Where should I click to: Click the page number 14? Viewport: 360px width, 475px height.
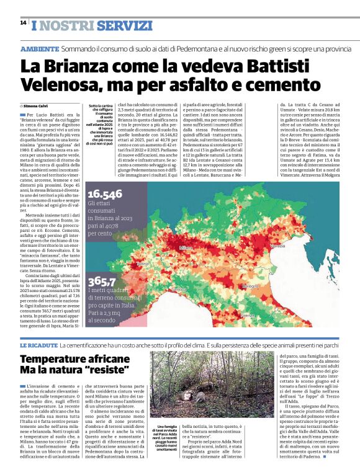[23, 22]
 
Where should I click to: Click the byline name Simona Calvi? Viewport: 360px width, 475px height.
[36, 107]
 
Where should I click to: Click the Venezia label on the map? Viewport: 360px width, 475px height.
[277, 246]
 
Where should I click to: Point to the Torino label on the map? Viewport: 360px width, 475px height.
[142, 263]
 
